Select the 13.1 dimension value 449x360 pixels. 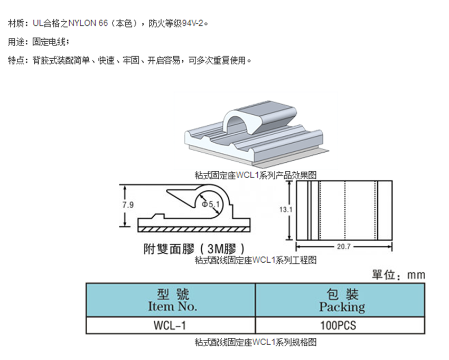[286, 209]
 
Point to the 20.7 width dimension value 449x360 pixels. [344, 247]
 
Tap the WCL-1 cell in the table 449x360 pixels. [170, 326]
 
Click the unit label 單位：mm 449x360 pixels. [398, 275]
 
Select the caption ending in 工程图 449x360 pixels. [256, 260]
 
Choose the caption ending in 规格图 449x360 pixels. [256, 343]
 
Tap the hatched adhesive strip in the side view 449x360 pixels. [193, 228]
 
